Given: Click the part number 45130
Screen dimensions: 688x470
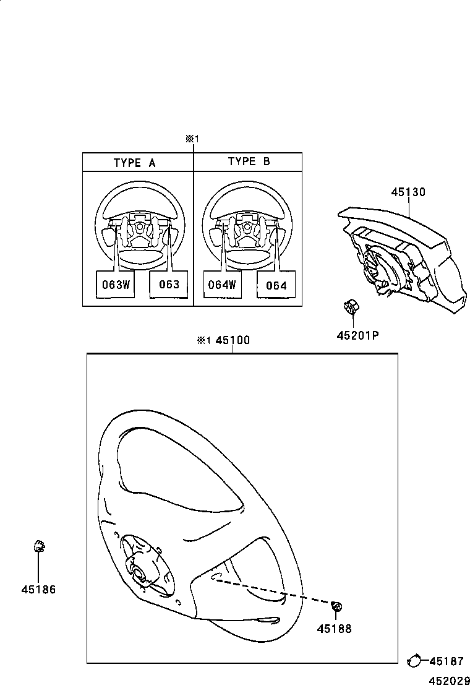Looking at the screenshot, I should (408, 192).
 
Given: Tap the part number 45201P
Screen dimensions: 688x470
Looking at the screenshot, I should (357, 335).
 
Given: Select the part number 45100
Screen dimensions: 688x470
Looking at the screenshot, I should (233, 341).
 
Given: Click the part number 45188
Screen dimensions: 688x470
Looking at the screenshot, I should (334, 629).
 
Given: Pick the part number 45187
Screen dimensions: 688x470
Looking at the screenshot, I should (446, 661).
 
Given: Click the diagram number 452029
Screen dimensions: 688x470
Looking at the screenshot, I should (446, 680).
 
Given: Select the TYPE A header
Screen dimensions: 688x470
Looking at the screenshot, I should (135, 163).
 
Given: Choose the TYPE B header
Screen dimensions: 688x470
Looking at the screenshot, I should (249, 161).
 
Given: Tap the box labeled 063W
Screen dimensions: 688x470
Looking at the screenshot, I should (115, 285).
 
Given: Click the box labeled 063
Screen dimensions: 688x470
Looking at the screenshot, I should (169, 285).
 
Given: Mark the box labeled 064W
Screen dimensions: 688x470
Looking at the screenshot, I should (222, 285).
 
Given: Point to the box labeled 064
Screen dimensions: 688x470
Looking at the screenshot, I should (276, 285).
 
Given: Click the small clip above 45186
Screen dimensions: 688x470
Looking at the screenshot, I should (38, 546).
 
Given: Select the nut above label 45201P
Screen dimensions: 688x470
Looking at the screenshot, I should (351, 306).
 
